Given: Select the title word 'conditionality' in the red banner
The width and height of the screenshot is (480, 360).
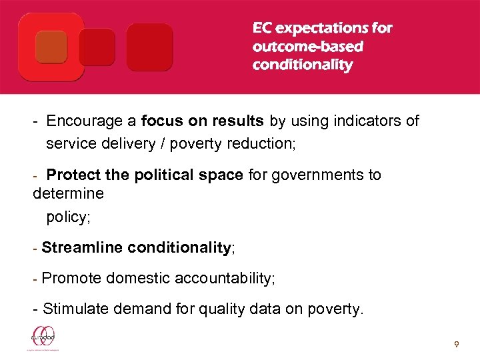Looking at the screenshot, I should (302, 65).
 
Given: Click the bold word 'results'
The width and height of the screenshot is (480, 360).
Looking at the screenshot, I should (240, 121).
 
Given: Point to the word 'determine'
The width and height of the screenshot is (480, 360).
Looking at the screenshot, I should (68, 193).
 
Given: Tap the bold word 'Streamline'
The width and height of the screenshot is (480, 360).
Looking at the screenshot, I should (82, 248).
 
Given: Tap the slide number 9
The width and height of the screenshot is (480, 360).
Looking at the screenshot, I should (456, 345).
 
